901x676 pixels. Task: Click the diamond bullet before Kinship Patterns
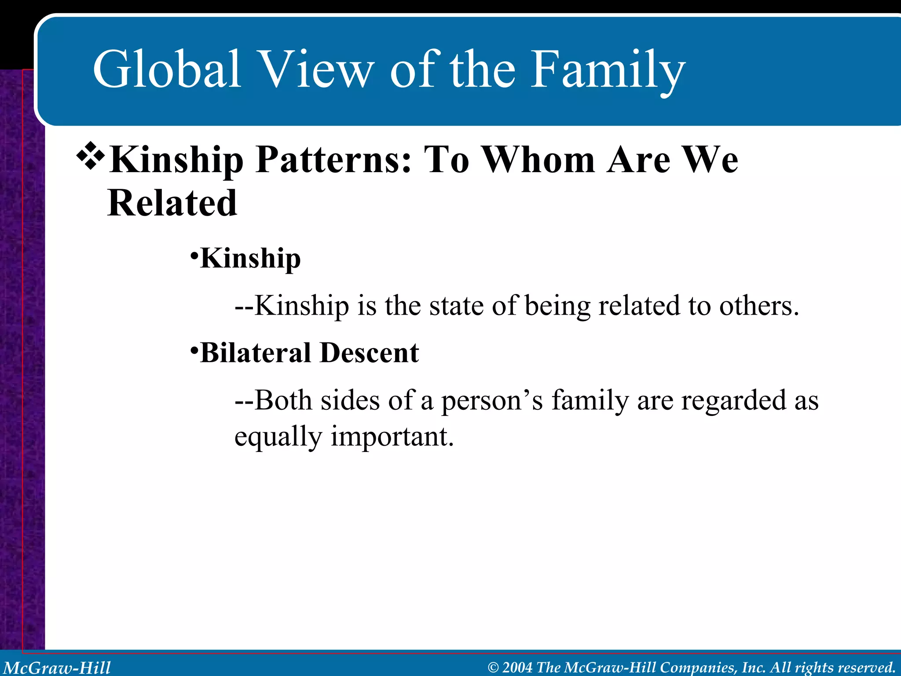pyautogui.click(x=91, y=155)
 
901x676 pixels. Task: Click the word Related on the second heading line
pyautogui.click(x=172, y=203)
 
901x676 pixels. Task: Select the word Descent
pyautogui.click(x=370, y=353)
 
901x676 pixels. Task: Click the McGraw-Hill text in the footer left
pyautogui.click(x=57, y=667)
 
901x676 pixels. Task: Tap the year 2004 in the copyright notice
pyautogui.click(x=517, y=667)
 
